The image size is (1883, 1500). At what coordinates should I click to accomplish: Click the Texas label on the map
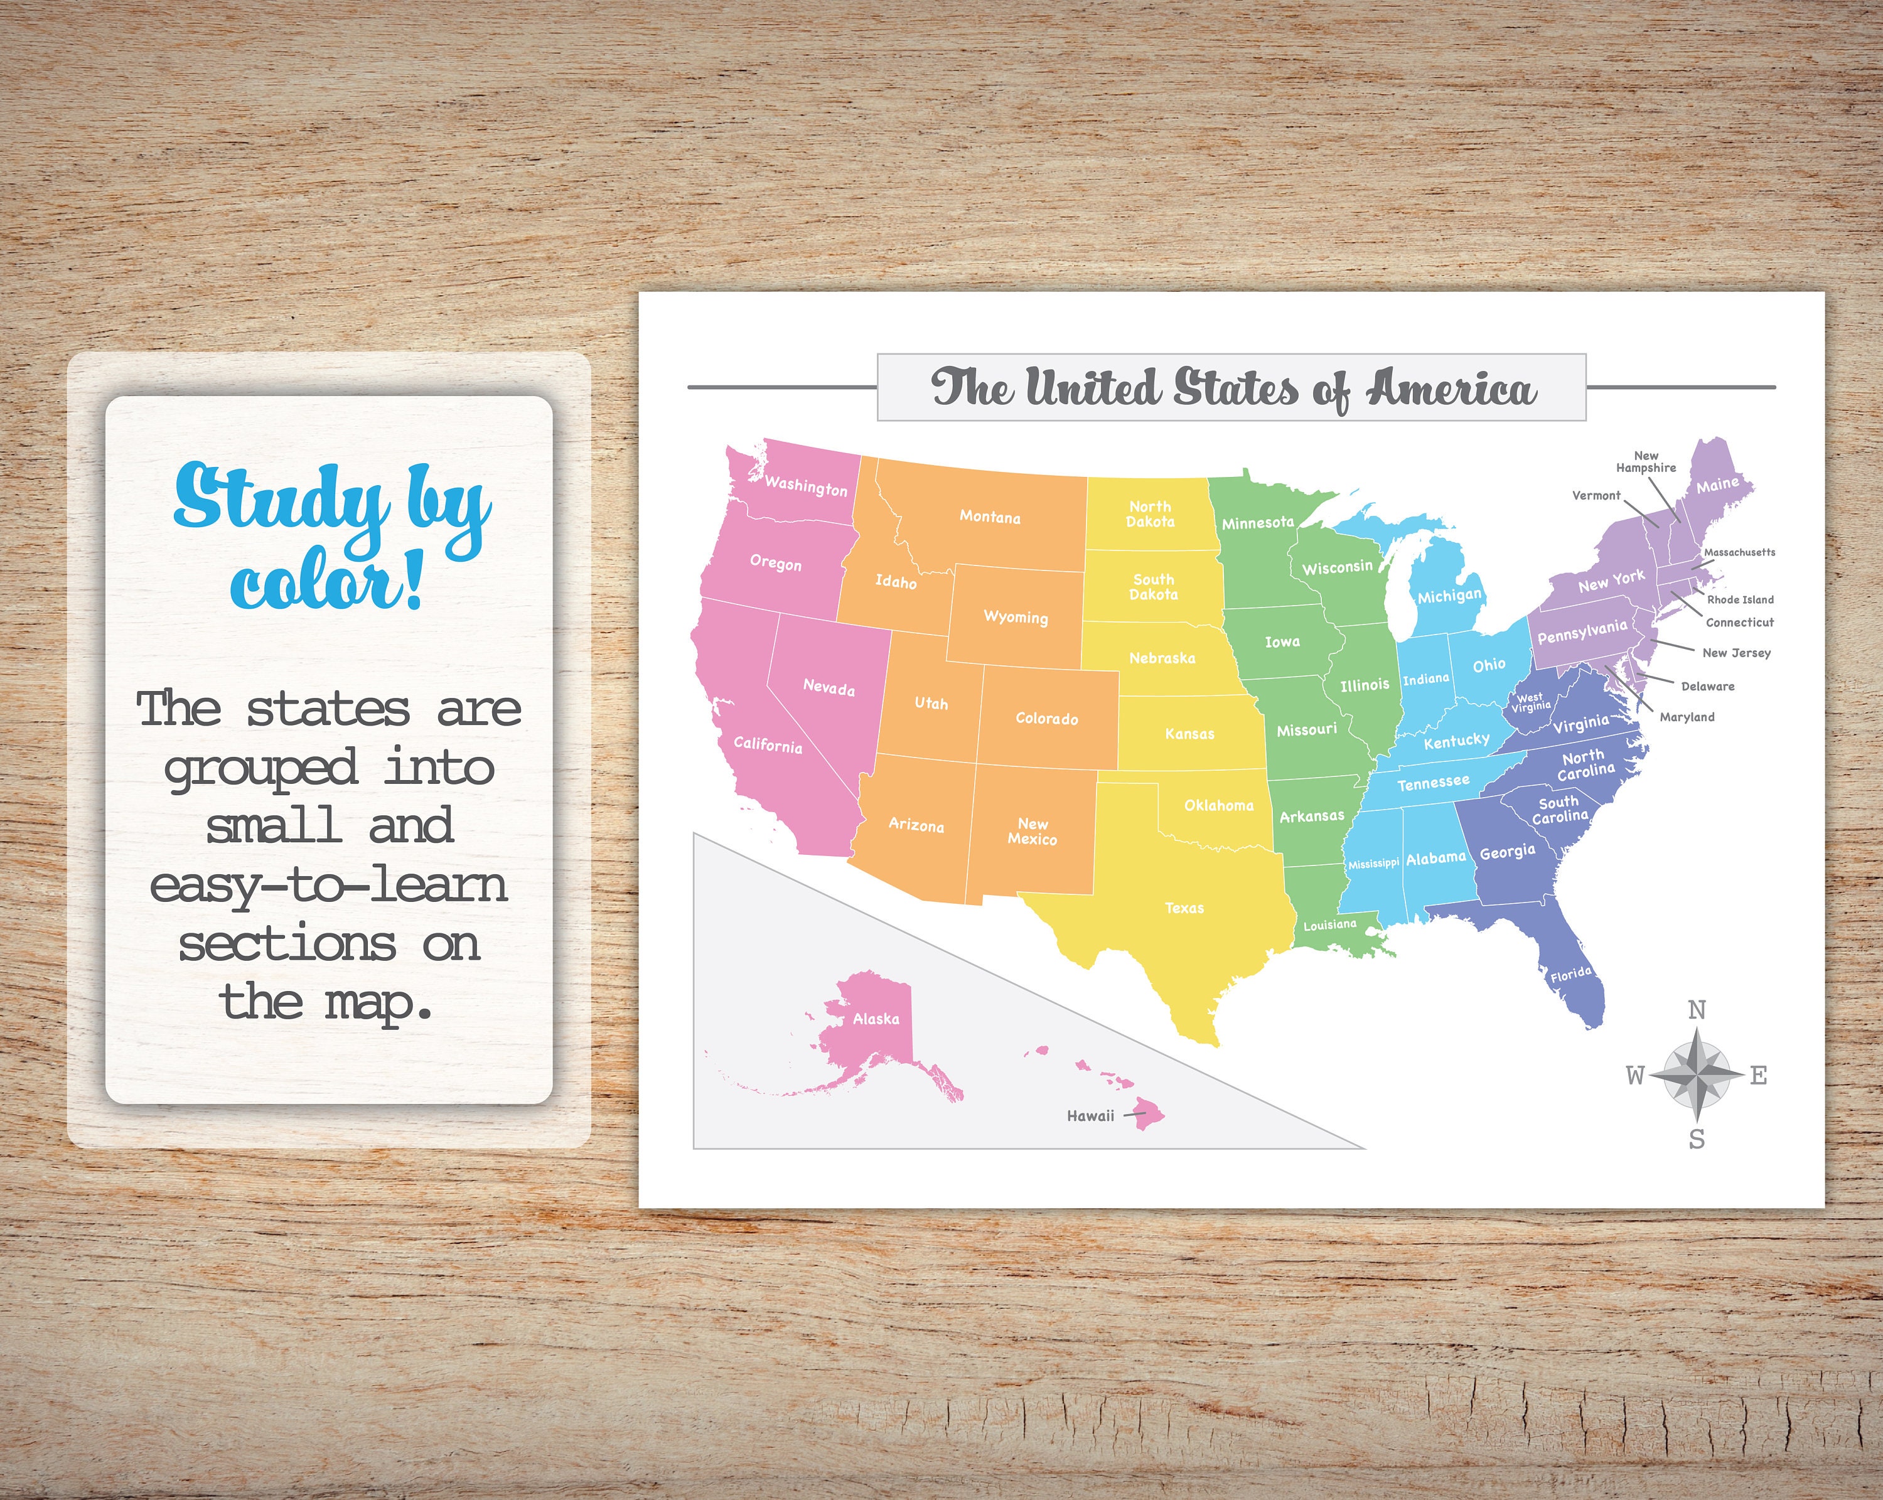tap(1184, 908)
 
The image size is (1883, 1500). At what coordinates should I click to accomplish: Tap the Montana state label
tap(990, 517)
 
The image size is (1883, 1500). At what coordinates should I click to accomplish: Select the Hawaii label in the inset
tap(1090, 1116)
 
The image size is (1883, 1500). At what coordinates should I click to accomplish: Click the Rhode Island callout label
tap(1740, 600)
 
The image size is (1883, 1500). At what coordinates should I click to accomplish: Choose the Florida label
tap(1571, 973)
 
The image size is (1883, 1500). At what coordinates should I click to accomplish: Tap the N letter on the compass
tap(1696, 1010)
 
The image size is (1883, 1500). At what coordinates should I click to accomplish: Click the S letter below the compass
tap(1696, 1139)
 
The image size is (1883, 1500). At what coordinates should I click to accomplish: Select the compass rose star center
tap(1696, 1075)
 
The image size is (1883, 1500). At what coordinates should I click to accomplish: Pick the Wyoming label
tap(1015, 618)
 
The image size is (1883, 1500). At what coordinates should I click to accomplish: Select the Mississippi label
tap(1373, 864)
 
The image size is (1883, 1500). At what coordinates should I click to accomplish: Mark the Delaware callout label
tap(1707, 686)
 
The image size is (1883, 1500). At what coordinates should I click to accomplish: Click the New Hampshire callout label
tap(1646, 462)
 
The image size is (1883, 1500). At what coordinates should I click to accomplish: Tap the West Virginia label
tap(1530, 703)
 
